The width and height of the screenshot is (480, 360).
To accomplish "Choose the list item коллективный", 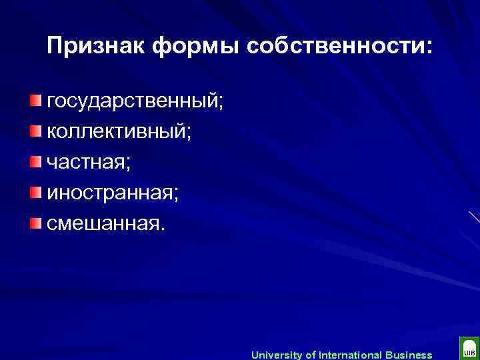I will pos(117,131).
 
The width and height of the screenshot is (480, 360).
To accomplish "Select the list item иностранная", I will pos(111,192).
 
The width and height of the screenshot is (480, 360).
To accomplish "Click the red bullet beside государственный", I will pos(35,101).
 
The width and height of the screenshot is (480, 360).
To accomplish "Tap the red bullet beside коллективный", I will pos(35,131).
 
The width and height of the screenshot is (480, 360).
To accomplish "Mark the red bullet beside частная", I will pos(35,161).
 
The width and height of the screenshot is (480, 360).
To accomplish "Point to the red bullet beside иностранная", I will pos(35,191).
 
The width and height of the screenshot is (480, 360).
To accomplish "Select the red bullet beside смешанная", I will pos(35,221).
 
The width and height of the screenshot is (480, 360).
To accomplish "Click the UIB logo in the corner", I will pos(468,349).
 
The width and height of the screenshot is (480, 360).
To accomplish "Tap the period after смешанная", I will pos(159,227).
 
